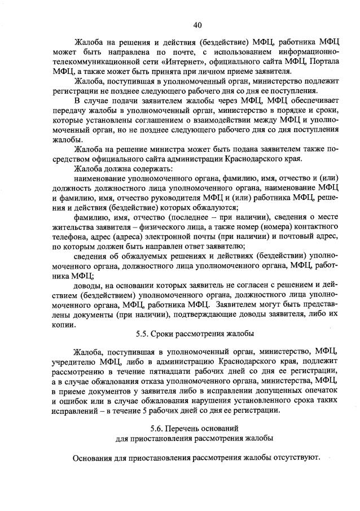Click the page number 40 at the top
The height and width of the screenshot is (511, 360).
point(196,25)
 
